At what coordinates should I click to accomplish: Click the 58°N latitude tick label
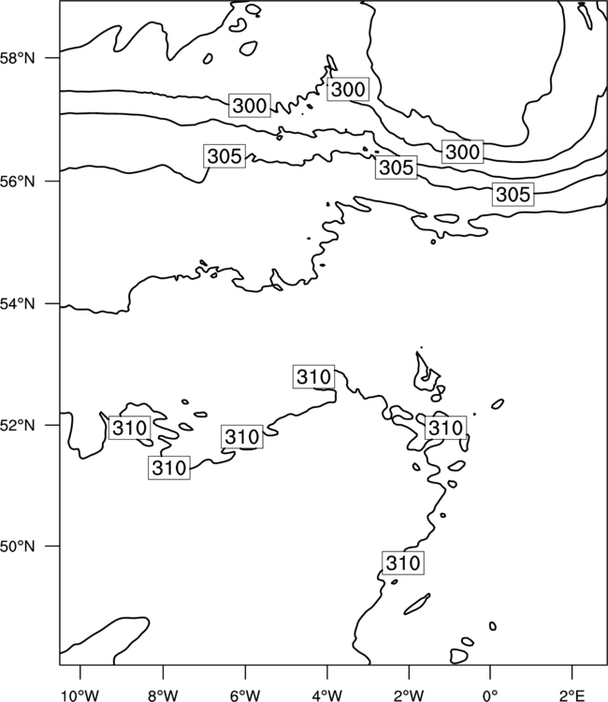coord(17,58)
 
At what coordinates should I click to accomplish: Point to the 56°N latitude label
coord(17,182)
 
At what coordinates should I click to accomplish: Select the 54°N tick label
coord(17,304)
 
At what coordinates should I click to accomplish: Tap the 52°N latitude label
coord(17,425)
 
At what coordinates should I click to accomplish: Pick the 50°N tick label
coord(17,547)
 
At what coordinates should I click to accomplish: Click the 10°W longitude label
coord(80,695)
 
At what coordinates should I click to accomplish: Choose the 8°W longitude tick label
coord(163,695)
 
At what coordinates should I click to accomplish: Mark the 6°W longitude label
coord(245,695)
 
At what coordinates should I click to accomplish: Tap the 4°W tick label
coord(327,695)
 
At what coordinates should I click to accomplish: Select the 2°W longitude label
coord(409,695)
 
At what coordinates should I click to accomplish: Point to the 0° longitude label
coord(490,695)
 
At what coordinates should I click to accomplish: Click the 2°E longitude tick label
coord(572,695)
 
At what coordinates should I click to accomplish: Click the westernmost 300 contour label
coord(250,106)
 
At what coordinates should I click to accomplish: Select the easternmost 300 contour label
coord(463,152)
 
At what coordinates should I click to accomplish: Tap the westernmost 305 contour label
coord(224,156)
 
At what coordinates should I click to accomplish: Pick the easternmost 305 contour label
coord(514,195)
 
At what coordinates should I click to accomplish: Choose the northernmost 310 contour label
coord(314,376)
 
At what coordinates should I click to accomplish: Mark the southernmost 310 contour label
coord(403,563)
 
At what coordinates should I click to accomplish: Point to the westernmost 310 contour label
coord(129,428)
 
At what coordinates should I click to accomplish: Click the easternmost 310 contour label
coord(445,428)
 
